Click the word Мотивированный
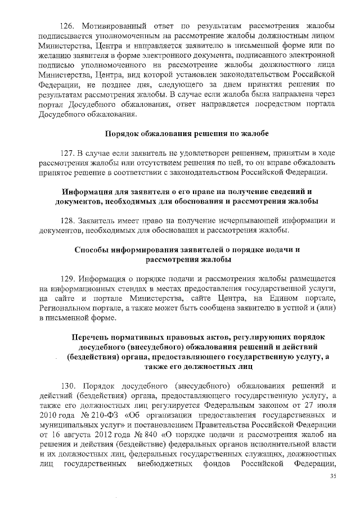pos(113,26)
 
